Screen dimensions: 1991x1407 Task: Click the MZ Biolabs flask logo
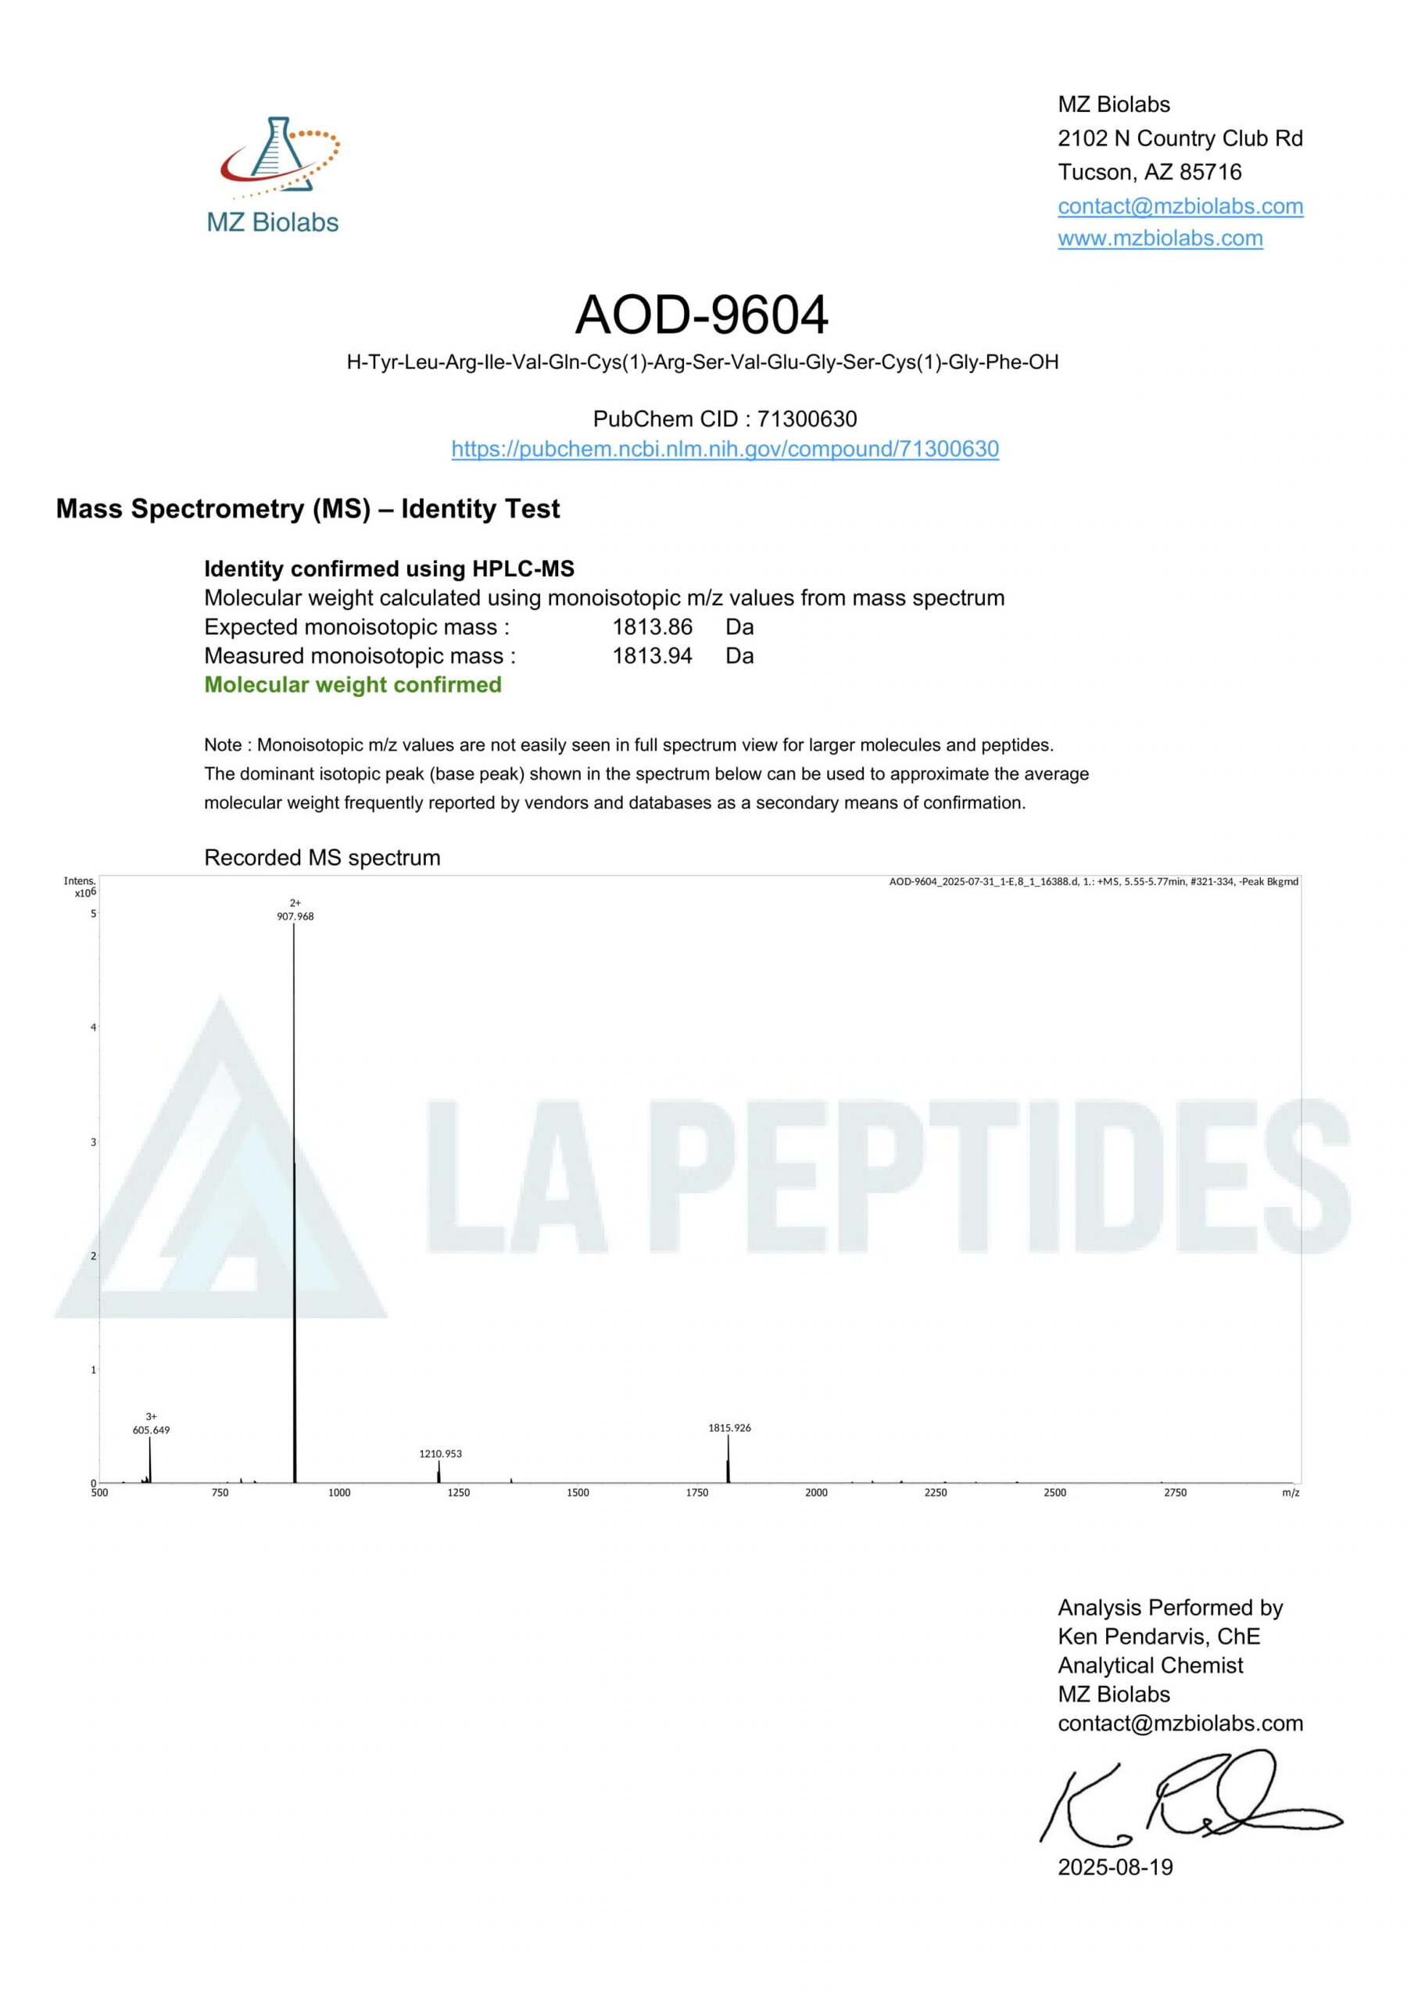coord(277,155)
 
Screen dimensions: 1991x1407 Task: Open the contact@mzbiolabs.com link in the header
coord(1180,206)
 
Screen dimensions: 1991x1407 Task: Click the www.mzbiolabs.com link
coord(1160,238)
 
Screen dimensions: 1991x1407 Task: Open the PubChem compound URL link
coord(725,448)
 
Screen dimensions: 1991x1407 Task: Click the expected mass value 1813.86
coord(652,626)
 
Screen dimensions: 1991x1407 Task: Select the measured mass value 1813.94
coord(652,655)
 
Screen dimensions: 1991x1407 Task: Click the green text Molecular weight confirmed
coord(353,684)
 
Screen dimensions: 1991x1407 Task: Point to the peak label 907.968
coord(295,916)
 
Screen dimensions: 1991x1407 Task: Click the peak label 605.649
coord(151,1430)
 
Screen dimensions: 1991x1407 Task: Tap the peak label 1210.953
coord(440,1453)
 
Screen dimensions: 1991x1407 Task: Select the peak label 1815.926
coord(729,1427)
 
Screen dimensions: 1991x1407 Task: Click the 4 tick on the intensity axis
coord(94,1028)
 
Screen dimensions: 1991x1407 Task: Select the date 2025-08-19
coord(1115,1867)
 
